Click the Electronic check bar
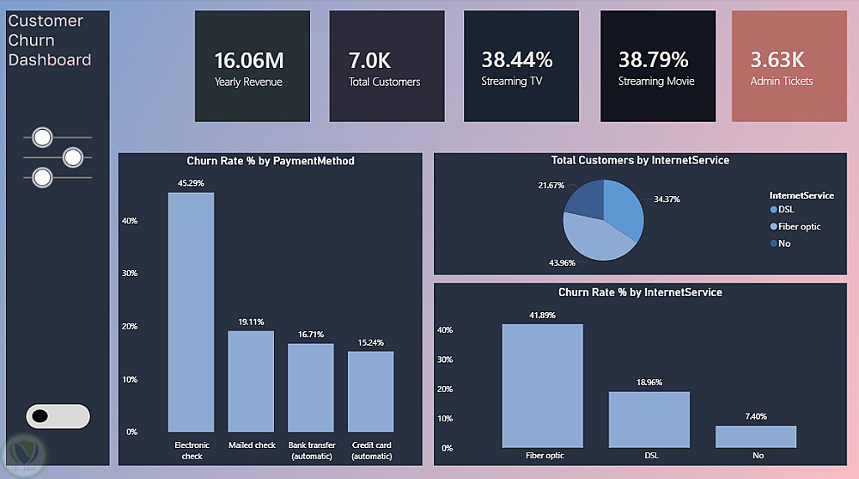pos(191,311)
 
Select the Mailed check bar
pos(251,381)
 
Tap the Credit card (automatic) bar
pos(370,391)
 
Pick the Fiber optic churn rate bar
pos(542,386)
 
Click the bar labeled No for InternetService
pos(756,437)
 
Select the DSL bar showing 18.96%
pos(649,420)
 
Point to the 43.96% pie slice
pos(594,239)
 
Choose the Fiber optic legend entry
pos(795,227)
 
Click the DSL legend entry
pos(782,210)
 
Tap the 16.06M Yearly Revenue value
pos(249,60)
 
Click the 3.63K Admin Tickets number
pos(777,59)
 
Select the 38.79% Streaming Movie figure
pos(653,59)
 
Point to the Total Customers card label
pos(385,82)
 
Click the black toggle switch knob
pos(40,416)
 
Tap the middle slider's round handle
pos(73,157)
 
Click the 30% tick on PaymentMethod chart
pos(130,273)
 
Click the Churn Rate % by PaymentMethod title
pos(271,161)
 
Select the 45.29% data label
pos(191,183)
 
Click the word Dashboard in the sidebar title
pos(50,60)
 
